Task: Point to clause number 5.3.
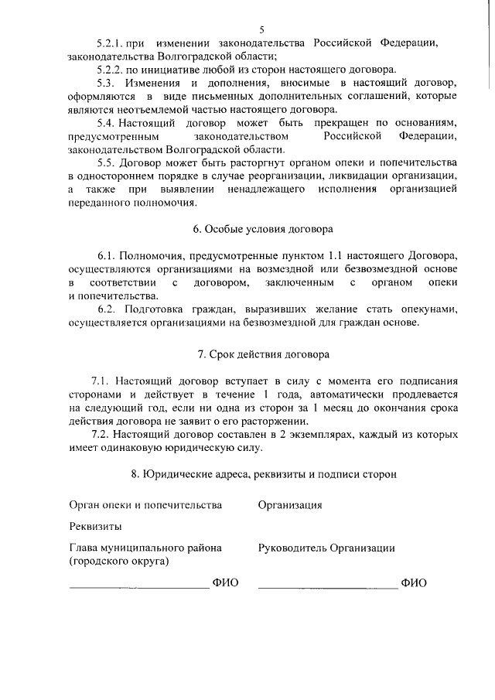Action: click(108, 83)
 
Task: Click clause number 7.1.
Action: click(103, 381)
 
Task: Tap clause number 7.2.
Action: click(103, 435)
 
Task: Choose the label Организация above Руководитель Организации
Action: click(290, 505)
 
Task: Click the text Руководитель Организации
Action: click(326, 548)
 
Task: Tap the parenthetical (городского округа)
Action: click(119, 562)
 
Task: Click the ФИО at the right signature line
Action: click(414, 583)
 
